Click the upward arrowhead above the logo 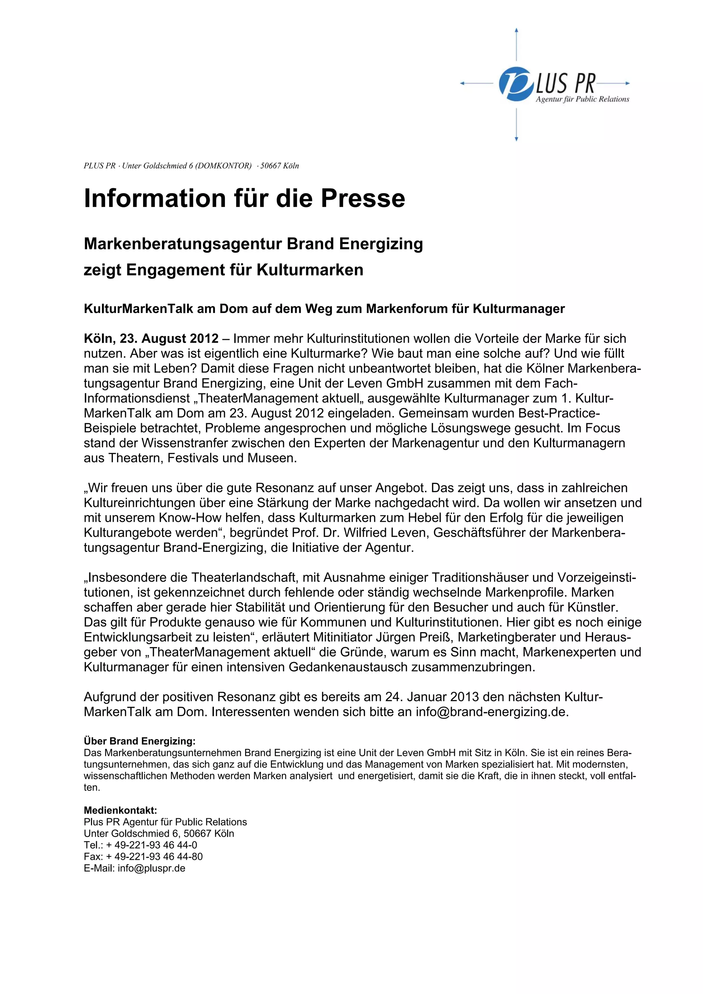click(516, 30)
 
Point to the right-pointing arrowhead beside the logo click(628, 83)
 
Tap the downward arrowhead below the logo click(516, 139)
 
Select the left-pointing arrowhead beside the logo click(462, 83)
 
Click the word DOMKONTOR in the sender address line click(223, 166)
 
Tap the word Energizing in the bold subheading click(381, 244)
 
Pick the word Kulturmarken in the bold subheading click(310, 270)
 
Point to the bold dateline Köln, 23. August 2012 click(151, 338)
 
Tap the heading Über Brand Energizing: click(139, 741)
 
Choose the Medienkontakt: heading click(120, 810)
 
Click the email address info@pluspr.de click(151, 868)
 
